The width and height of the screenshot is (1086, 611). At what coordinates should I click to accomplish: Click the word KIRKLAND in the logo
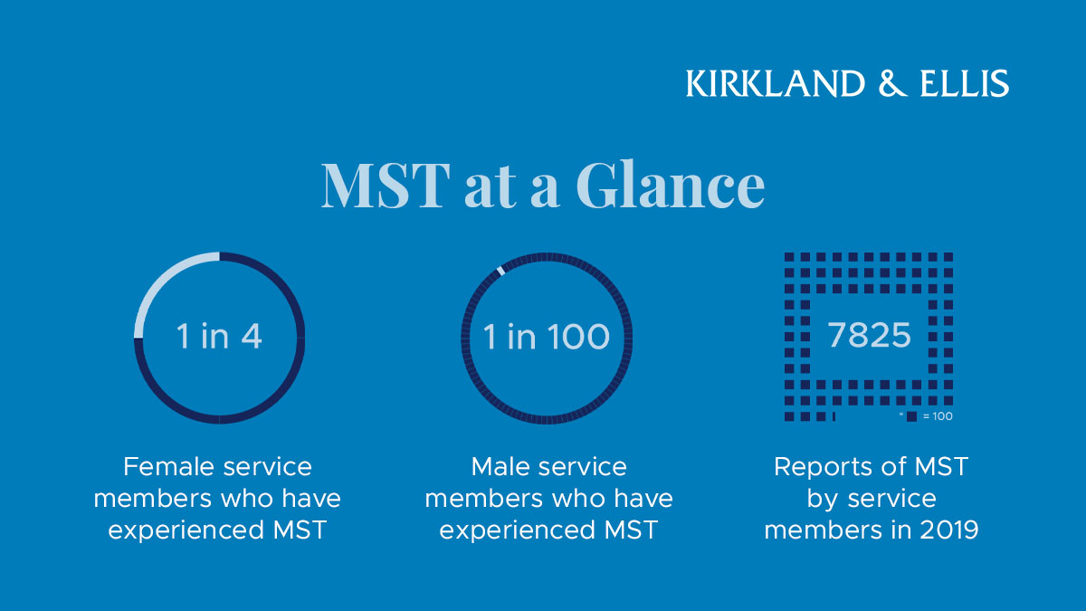pyautogui.click(x=775, y=83)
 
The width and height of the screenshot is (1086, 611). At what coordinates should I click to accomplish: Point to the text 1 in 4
pyautogui.click(x=219, y=337)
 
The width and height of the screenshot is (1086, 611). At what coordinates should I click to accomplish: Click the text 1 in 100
pyautogui.click(x=547, y=337)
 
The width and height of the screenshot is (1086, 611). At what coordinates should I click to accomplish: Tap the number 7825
pyautogui.click(x=869, y=336)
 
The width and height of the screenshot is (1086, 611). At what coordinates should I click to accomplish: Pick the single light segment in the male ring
pyautogui.click(x=500, y=270)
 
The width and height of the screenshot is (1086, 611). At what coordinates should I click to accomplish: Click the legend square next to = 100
pyautogui.click(x=911, y=416)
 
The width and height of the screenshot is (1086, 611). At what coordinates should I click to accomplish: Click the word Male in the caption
pyautogui.click(x=500, y=467)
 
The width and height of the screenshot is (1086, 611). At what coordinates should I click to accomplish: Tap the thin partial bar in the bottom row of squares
pyautogui.click(x=833, y=416)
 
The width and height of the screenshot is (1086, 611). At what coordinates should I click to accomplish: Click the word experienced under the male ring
pyautogui.click(x=517, y=530)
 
